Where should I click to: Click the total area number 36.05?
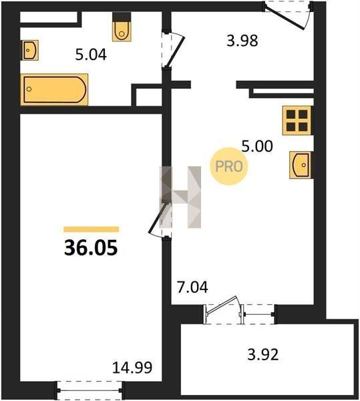(x=91, y=247)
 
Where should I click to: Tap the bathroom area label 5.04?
(x=91, y=55)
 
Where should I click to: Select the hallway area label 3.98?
(x=242, y=41)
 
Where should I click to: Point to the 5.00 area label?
(x=257, y=146)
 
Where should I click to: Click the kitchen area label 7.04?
(x=192, y=287)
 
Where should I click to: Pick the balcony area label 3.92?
(x=263, y=355)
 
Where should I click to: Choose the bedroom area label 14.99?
(x=132, y=367)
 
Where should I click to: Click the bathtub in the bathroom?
(x=54, y=90)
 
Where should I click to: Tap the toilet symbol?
(x=122, y=27)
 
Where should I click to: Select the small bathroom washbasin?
(x=29, y=50)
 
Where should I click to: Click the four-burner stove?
(x=297, y=120)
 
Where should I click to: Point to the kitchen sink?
(x=301, y=165)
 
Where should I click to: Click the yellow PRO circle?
(x=229, y=166)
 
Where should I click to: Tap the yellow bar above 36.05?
(x=92, y=229)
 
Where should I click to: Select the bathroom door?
(x=174, y=50)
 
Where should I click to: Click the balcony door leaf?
(x=221, y=305)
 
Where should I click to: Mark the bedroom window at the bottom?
(x=89, y=390)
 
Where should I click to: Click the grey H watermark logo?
(x=180, y=197)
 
